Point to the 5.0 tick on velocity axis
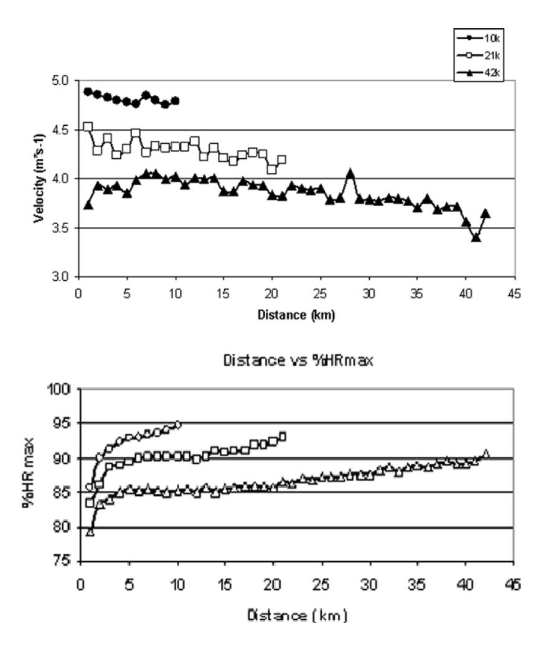[65, 81]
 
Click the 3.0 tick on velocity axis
[65, 277]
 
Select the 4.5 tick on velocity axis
[65, 130]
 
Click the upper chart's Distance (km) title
[296, 315]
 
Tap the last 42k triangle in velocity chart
[486, 214]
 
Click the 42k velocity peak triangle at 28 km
[350, 173]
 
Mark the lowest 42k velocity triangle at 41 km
[476, 237]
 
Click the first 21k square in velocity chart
[88, 126]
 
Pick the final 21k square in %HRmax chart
[282, 437]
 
